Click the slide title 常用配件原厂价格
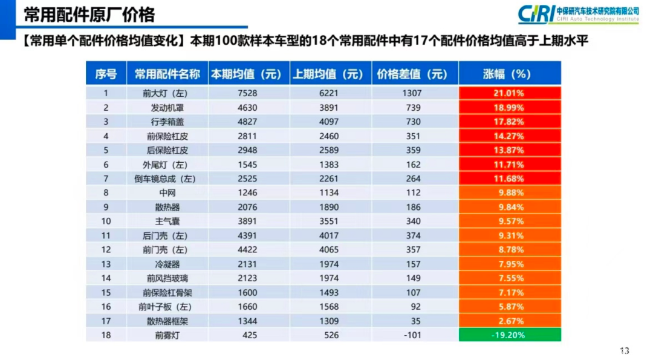89,14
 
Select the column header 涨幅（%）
510,74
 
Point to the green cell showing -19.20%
510,335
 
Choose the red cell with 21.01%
510,93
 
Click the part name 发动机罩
167,108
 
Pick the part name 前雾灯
167,335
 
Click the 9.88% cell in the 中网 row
510,193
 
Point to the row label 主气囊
167,221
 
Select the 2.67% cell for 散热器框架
510,321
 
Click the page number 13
625,351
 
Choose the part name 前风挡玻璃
167,278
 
